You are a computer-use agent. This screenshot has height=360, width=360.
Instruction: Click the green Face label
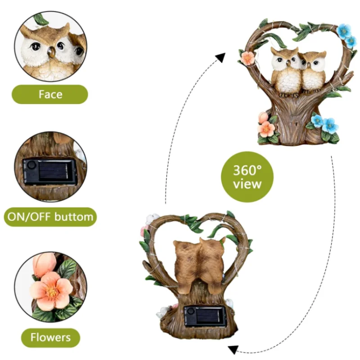coord(50,94)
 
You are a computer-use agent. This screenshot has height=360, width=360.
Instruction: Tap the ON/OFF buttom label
coord(50,217)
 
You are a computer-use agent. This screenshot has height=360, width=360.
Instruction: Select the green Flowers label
coord(50,337)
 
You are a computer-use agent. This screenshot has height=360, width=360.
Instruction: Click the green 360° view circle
coord(247,177)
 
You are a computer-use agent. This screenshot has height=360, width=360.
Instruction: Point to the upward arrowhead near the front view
coord(220,58)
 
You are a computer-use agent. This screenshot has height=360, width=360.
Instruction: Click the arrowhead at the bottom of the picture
coord(233,350)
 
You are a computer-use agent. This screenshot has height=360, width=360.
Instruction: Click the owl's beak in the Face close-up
coord(52,52)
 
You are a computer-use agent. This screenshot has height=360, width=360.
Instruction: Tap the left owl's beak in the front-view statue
coord(288,63)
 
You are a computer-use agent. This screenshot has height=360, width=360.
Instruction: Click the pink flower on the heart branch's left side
coord(247,58)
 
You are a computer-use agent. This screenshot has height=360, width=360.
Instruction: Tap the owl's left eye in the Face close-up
coord(36,47)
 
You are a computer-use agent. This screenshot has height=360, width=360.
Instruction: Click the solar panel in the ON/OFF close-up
coord(54,171)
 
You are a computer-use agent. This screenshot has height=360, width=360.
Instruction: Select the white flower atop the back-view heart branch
coord(152,218)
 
